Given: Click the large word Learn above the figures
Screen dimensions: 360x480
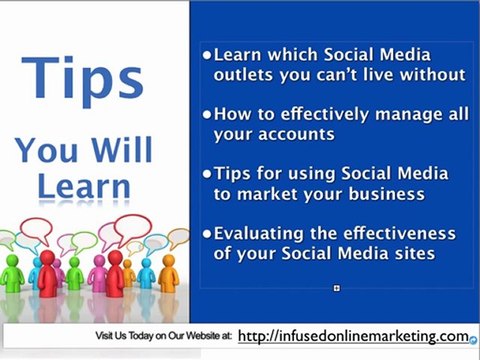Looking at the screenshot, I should point(84,186).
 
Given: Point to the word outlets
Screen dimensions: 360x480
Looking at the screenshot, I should point(245,74).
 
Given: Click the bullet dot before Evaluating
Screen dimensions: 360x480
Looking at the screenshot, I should point(207,233).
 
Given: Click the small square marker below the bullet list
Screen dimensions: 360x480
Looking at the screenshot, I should point(337,289).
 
